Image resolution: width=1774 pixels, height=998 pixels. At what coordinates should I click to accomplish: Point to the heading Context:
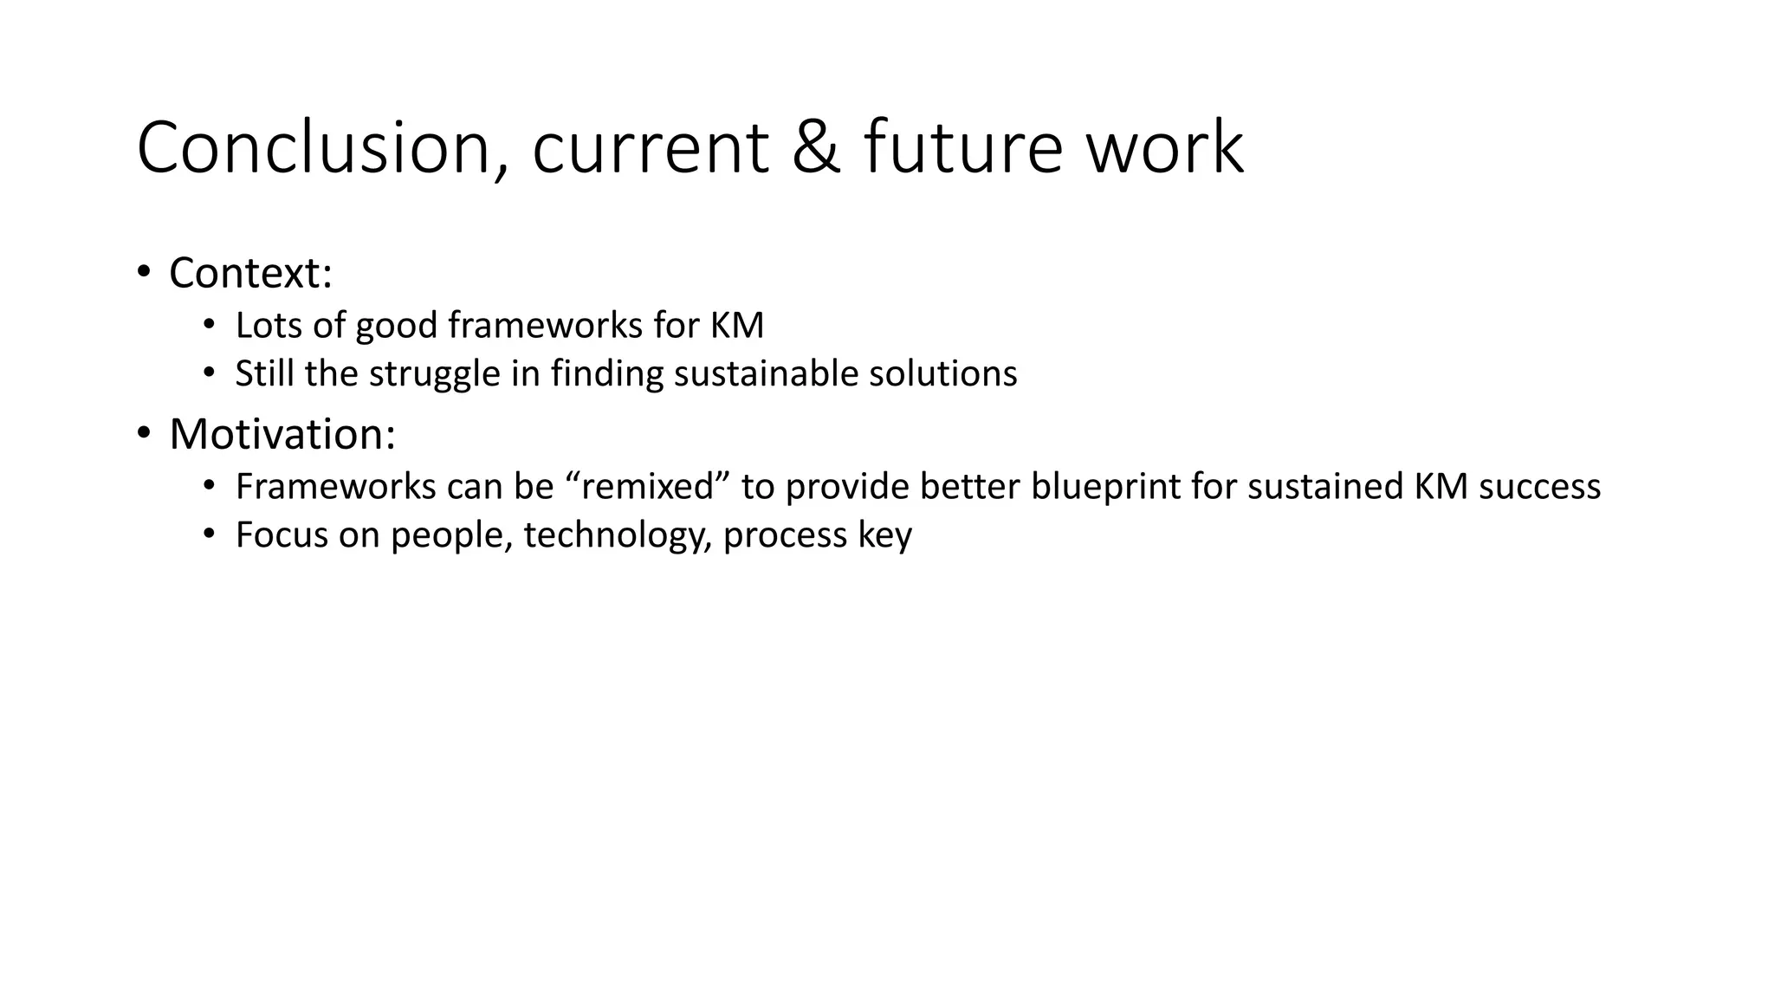(250, 273)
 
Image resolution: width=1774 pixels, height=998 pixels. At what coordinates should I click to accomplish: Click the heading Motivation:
(282, 434)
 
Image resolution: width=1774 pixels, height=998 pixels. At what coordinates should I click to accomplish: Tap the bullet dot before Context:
(143, 273)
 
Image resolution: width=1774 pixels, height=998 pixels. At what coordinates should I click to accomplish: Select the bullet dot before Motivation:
(143, 433)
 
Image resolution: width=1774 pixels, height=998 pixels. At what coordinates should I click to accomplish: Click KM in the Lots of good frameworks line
(737, 326)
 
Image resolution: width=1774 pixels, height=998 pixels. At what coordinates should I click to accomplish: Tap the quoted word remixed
(648, 487)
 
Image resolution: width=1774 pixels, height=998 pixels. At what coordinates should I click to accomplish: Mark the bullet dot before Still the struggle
(208, 373)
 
